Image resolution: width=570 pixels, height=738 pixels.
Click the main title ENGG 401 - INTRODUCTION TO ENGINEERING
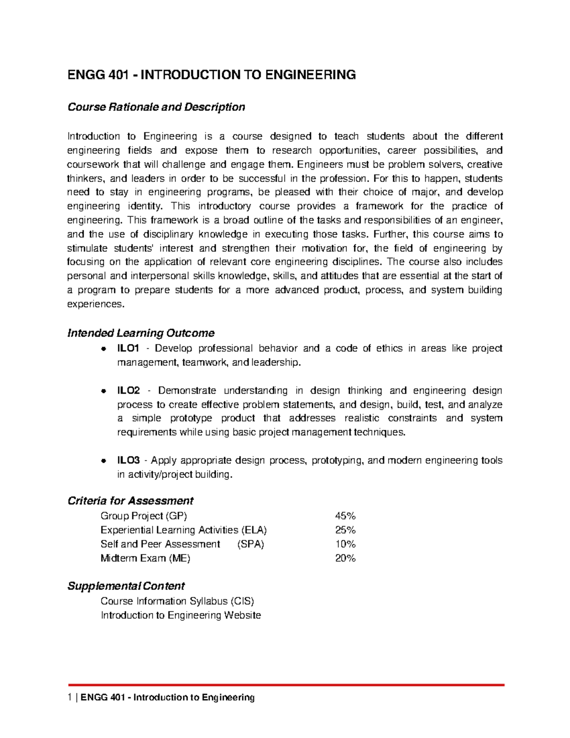(x=211, y=75)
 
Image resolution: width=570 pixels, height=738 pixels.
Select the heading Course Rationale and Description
(x=156, y=107)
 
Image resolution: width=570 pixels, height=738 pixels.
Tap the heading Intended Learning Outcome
(x=141, y=333)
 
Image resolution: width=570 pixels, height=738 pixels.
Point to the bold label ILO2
(x=129, y=391)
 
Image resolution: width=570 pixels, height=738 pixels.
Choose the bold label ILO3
(x=129, y=460)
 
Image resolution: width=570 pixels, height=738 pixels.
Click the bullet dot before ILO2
(x=103, y=391)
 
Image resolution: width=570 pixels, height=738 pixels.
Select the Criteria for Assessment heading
(x=130, y=501)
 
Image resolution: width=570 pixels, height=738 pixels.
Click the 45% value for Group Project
(x=345, y=516)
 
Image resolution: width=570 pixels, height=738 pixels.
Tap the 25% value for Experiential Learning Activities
(x=345, y=530)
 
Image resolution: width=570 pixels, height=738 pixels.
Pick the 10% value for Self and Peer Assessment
(x=345, y=544)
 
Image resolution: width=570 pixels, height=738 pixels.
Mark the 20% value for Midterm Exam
(x=345, y=558)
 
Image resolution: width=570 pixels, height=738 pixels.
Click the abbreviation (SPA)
(x=250, y=544)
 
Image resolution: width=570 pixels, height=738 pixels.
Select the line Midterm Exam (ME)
(x=145, y=558)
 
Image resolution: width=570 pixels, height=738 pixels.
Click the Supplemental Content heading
(x=126, y=586)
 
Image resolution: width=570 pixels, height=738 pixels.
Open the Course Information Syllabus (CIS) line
(x=173, y=601)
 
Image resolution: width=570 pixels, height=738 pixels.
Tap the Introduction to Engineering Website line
(x=180, y=615)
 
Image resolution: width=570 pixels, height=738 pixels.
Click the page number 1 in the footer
(x=70, y=698)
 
